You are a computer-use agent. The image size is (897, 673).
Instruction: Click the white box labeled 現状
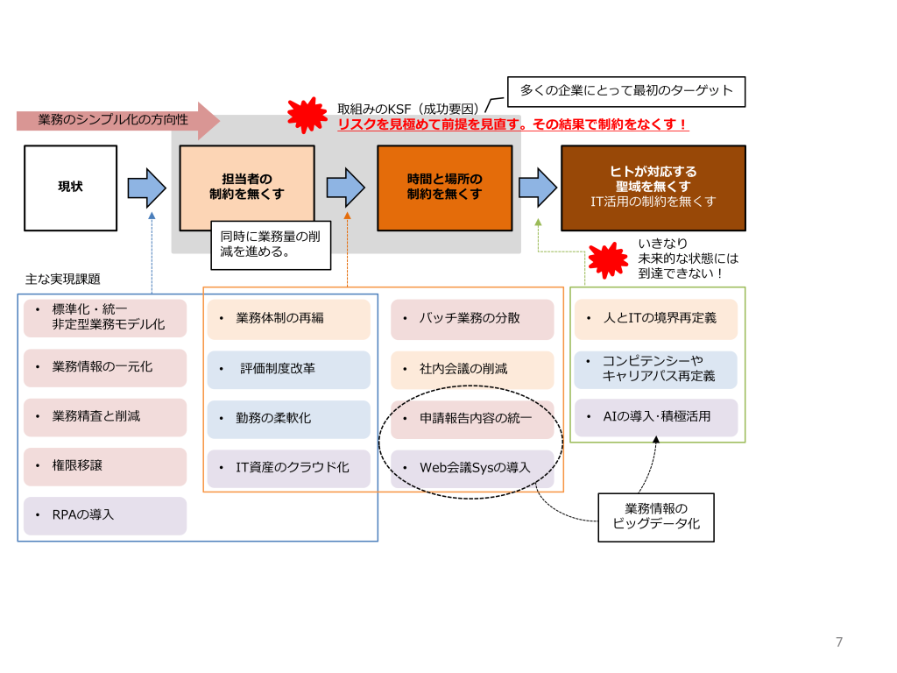pos(70,188)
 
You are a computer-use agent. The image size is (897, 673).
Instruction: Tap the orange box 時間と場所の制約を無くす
pos(444,188)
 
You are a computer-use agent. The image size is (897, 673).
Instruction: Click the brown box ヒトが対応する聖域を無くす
pos(653,188)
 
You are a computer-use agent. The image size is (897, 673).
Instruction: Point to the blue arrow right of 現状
pos(147,188)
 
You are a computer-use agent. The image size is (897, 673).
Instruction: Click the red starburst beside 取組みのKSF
pos(307,115)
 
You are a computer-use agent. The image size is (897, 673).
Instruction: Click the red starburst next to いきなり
pos(608,259)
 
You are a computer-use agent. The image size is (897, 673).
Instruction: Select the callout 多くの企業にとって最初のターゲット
pos(626,91)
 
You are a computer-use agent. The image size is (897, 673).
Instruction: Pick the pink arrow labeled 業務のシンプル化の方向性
pos(118,120)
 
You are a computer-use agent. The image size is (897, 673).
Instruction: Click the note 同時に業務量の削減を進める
pos(271,245)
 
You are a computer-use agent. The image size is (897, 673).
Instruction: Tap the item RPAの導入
pos(105,515)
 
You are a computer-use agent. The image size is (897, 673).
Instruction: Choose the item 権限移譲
pos(105,466)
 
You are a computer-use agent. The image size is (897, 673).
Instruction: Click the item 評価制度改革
pos(289,370)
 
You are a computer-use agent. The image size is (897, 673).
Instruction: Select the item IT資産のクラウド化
pos(289,469)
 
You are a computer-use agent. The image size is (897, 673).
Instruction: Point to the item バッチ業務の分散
pos(472,319)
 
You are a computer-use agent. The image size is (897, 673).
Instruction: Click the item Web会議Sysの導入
pos(472,469)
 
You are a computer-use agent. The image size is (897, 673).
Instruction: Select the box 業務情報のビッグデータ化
pos(656,517)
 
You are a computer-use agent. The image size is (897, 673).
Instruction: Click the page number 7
pos(839,642)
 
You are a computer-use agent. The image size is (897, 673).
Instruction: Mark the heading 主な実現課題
pos(63,280)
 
